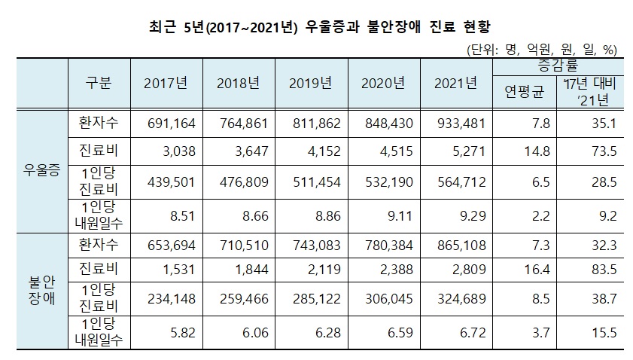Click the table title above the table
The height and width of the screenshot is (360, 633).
pyautogui.click(x=316, y=29)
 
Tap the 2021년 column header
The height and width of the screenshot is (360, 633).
pyautogui.click(x=455, y=83)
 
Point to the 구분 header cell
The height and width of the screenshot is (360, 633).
pyautogui.click(x=98, y=83)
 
